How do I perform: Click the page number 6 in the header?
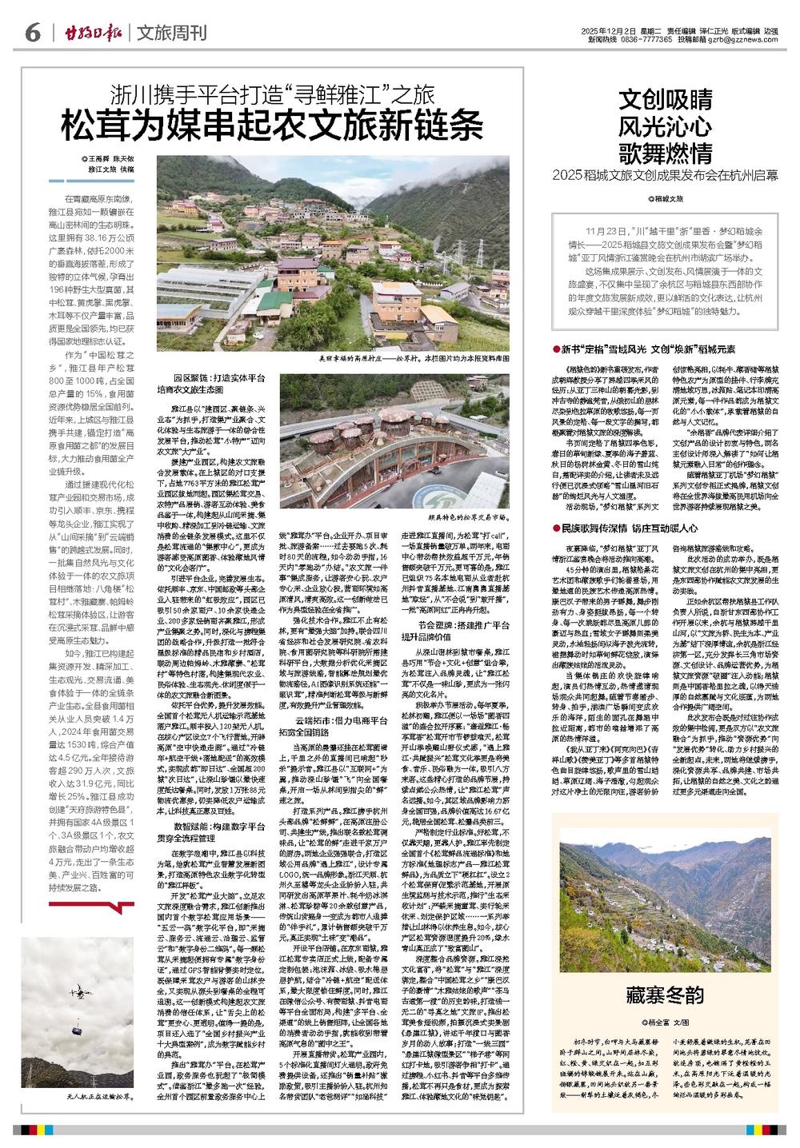(x=33, y=33)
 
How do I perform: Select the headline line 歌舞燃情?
(x=666, y=152)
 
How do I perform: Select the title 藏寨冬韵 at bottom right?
(x=666, y=995)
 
